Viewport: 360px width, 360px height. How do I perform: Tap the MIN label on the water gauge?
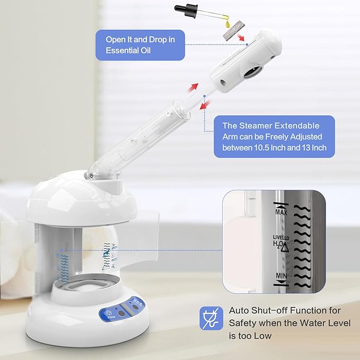281,276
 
